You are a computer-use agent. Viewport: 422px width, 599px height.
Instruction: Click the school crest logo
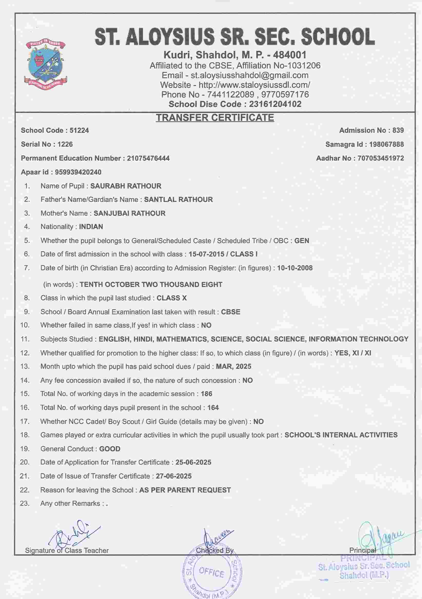click(46, 64)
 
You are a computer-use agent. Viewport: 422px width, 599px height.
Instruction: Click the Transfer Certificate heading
click(215, 118)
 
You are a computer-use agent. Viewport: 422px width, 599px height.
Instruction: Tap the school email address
click(250, 75)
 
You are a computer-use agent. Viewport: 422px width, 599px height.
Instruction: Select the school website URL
click(254, 85)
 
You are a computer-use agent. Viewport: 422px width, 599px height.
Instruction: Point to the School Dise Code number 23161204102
click(275, 104)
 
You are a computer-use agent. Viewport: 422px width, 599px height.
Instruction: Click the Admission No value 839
click(398, 130)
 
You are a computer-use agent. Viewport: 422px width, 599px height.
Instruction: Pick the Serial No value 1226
click(65, 144)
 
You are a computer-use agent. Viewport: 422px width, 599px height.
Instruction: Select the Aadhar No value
click(381, 158)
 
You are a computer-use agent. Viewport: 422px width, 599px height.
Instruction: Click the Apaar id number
click(78, 172)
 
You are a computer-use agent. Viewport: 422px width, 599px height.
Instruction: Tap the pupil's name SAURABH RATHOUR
click(126, 186)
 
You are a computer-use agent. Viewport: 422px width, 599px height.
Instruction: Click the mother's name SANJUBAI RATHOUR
click(129, 213)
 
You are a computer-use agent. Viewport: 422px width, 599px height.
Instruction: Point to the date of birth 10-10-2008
click(295, 268)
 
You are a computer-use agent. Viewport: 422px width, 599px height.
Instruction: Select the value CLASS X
click(172, 298)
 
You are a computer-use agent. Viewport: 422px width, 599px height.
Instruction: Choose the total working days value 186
click(206, 394)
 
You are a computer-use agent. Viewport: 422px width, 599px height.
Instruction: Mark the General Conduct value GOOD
click(110, 449)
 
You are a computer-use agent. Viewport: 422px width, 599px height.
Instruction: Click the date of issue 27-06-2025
click(174, 476)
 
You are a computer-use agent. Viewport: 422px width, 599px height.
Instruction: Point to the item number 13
click(25, 367)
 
